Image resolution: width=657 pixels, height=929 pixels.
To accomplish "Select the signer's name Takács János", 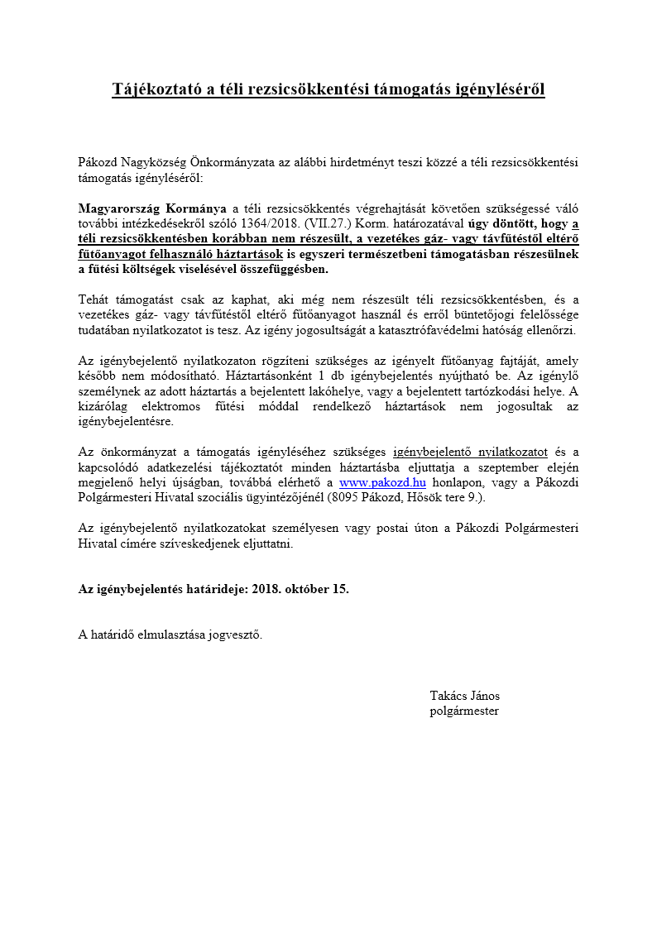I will click(x=464, y=696).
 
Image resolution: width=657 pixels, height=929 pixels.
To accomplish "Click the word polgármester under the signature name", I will click(x=464, y=711).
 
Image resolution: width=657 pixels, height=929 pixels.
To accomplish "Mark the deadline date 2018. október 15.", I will click(x=300, y=589).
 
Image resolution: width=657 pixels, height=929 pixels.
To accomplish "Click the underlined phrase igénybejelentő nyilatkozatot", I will click(x=470, y=452).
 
